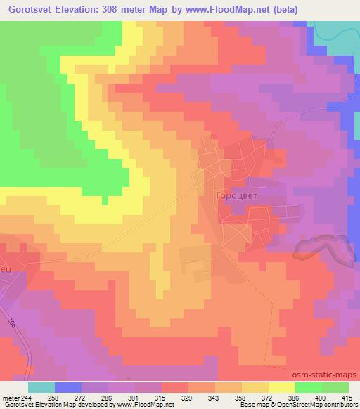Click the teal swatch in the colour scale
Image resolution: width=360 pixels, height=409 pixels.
(41, 387)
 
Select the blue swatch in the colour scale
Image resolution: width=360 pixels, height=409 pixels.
(67, 387)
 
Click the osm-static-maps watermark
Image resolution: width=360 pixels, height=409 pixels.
(326, 375)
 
